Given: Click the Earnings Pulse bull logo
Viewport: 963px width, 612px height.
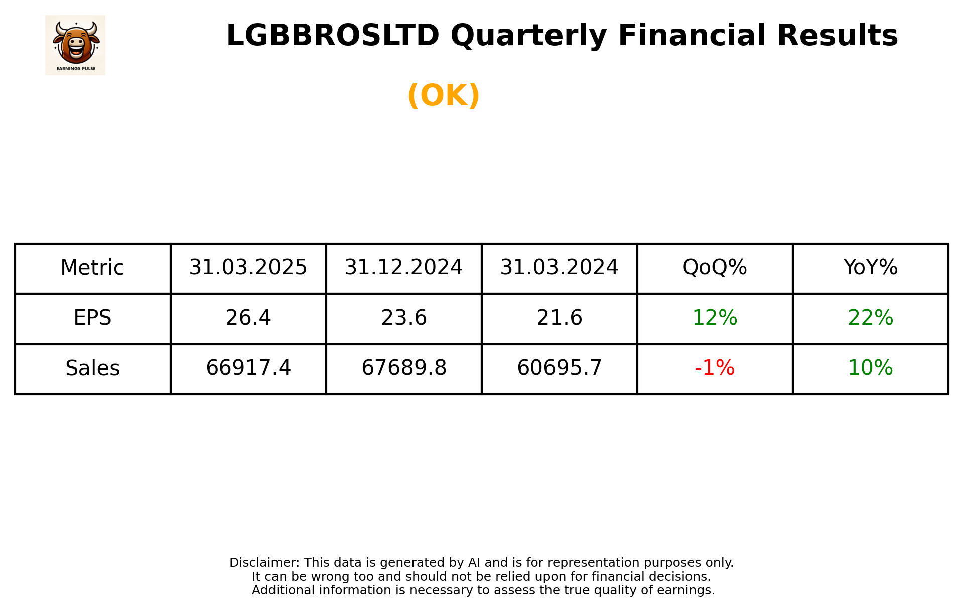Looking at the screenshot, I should pos(75,45).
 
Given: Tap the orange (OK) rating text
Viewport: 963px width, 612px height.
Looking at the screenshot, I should pos(444,95).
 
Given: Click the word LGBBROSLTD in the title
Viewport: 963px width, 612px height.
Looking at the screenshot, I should pos(333,36).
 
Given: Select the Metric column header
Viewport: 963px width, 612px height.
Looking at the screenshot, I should pos(92,268).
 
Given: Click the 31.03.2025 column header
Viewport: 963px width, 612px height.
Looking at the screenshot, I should pos(248,268).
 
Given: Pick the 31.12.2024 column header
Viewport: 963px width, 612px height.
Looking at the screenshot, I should pos(403,268).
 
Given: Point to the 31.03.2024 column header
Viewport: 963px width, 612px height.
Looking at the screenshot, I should pos(559,268).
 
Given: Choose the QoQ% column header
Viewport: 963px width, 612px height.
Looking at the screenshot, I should pos(715,268).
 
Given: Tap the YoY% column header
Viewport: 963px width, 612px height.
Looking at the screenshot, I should pos(870,268).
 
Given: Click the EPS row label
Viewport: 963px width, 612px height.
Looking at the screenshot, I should pos(92,318).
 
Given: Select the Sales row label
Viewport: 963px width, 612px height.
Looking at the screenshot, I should pos(92,368).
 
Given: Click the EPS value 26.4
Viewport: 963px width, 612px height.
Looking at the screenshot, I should pos(248,318).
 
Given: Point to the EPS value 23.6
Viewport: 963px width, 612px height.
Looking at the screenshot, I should pos(403,318).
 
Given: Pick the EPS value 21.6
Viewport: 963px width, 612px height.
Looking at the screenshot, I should pos(559,318).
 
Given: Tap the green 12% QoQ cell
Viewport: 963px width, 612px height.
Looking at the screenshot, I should pos(715,318).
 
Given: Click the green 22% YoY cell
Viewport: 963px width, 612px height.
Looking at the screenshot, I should pos(870,318).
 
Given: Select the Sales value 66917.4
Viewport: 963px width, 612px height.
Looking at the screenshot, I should pos(248,368).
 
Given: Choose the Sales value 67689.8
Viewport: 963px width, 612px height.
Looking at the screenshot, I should pos(403,368).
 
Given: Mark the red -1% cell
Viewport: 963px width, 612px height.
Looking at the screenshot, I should pos(715,368).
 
